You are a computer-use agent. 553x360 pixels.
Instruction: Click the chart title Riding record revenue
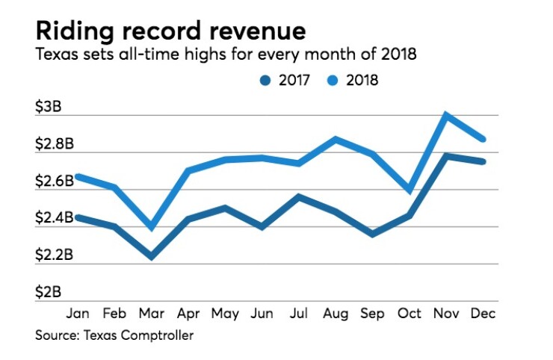(x=170, y=31)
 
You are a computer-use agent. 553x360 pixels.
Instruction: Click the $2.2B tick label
(x=54, y=255)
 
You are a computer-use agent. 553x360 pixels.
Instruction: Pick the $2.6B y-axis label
(x=54, y=181)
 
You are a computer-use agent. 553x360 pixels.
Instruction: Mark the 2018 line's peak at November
(x=447, y=115)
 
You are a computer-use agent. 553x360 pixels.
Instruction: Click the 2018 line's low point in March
(x=152, y=226)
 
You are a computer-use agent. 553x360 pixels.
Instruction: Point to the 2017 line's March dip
(x=152, y=256)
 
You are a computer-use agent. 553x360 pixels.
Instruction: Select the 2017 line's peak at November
(x=447, y=156)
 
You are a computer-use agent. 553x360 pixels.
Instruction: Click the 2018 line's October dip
(x=409, y=190)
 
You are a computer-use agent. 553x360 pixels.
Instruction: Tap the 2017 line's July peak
(x=299, y=197)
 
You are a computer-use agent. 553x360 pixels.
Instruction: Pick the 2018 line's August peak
(x=336, y=139)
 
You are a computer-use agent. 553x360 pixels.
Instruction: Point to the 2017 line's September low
(x=372, y=235)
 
